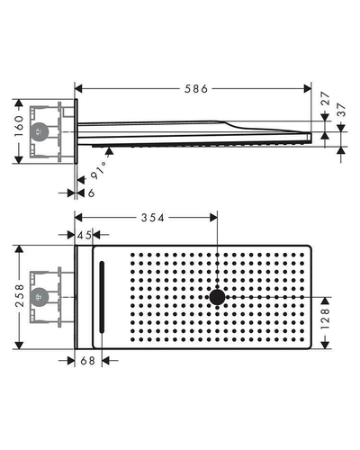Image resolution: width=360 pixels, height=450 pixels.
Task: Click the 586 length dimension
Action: [196, 89]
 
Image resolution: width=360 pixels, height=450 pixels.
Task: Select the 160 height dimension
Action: [19, 126]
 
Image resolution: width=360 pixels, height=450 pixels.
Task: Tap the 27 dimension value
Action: [326, 99]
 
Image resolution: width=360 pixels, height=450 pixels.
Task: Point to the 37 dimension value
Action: [341, 110]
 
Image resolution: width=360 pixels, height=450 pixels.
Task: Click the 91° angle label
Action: [99, 170]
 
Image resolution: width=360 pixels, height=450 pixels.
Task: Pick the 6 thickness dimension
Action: [91, 193]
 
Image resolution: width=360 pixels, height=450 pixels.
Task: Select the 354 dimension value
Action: [153, 218]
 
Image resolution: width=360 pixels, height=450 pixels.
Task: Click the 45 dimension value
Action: [84, 235]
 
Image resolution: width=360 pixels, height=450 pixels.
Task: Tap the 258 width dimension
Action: [20, 296]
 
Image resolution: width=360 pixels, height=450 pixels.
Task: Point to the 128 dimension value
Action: [325, 319]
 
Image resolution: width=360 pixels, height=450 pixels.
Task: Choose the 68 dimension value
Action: [87, 361]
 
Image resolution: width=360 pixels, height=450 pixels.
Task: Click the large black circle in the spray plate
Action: [217, 297]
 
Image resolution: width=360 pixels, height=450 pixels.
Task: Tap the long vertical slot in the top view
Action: [102, 297]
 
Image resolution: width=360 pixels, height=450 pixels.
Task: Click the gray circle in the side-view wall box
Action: [39, 131]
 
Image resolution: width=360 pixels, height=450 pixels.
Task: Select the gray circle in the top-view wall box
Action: [39, 297]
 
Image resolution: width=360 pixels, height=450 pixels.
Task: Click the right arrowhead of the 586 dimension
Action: [308, 89]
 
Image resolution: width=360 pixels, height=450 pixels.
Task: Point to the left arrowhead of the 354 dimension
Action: [78, 218]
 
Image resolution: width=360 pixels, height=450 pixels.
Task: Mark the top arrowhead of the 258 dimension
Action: [19, 249]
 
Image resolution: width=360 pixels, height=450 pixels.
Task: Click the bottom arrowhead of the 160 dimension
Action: [19, 160]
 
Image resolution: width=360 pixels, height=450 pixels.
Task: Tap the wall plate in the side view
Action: [76, 131]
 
